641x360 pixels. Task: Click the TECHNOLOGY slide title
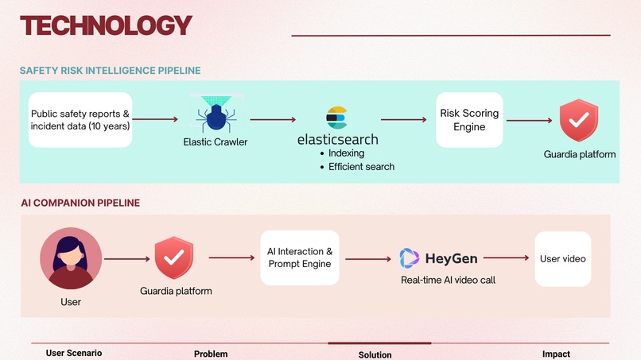(x=106, y=25)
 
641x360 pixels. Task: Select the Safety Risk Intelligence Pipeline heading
(x=110, y=70)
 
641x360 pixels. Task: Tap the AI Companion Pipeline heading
(x=80, y=203)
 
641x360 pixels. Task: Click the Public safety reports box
(x=80, y=120)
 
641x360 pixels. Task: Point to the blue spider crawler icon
(x=216, y=113)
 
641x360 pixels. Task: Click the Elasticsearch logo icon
(x=336, y=118)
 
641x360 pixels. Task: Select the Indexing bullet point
(x=342, y=153)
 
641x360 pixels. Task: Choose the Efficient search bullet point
(x=357, y=167)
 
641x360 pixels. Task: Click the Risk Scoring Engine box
(x=469, y=120)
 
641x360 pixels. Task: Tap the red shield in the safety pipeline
(x=579, y=120)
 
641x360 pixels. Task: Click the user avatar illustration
(x=71, y=258)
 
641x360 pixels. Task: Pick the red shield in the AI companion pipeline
(x=173, y=257)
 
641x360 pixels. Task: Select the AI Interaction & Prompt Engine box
(x=300, y=257)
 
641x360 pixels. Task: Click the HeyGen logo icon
(x=410, y=258)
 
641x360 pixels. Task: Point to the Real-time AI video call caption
(x=448, y=281)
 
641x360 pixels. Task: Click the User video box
(x=563, y=259)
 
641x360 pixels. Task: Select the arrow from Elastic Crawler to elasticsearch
(x=273, y=120)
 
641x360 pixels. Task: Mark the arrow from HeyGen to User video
(x=506, y=257)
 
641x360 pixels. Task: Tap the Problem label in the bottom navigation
(x=211, y=354)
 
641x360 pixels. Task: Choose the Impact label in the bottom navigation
(x=556, y=354)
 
